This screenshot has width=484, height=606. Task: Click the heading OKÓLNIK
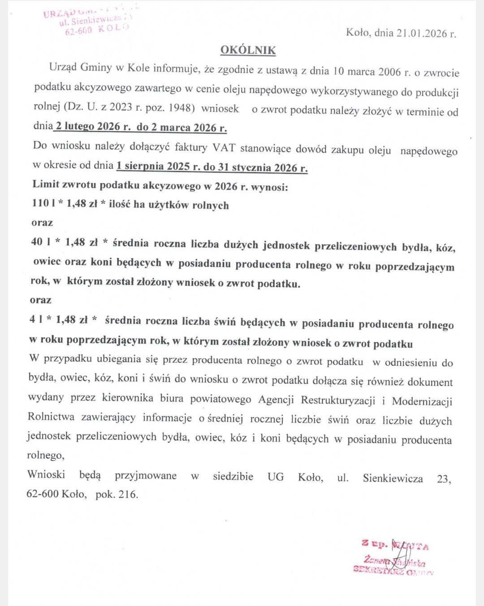click(x=248, y=50)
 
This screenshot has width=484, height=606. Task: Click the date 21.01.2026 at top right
click(x=422, y=33)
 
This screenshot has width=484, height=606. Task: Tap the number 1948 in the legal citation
click(x=181, y=108)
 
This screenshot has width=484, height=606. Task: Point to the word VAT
click(x=224, y=148)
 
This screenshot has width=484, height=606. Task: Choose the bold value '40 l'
click(x=40, y=242)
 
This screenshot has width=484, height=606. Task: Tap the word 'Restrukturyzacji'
click(x=338, y=400)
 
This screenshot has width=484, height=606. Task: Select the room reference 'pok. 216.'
click(x=117, y=494)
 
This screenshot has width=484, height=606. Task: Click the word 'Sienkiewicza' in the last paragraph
click(x=393, y=478)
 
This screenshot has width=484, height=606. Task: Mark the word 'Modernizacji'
click(x=422, y=401)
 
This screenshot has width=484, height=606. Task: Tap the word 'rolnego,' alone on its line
click(x=46, y=456)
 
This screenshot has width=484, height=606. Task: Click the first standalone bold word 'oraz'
click(x=42, y=222)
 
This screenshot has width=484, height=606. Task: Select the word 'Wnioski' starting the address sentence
click(x=46, y=474)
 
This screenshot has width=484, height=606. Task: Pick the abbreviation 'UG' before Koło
click(x=276, y=477)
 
